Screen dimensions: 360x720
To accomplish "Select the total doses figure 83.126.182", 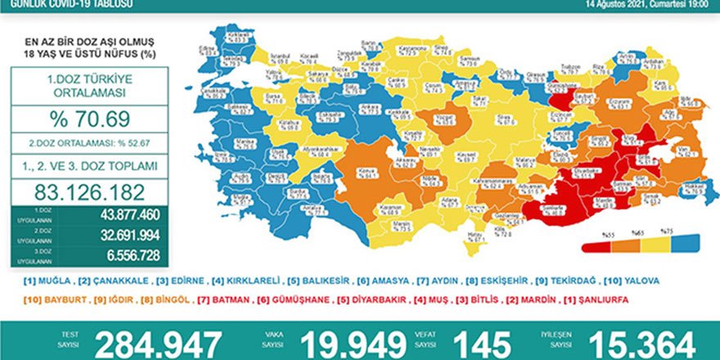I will pyautogui.click(x=94, y=192).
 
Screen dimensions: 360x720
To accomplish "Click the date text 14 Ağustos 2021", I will pyautogui.click(x=614, y=5).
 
